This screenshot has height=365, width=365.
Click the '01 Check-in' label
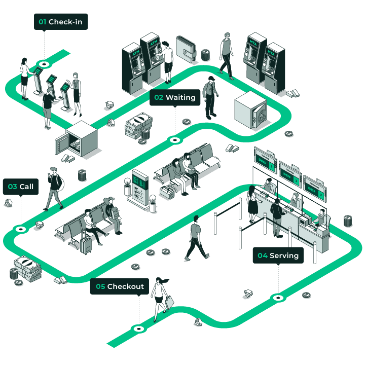point(61,22)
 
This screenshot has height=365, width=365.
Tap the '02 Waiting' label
point(175,98)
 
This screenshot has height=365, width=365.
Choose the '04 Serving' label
point(278,255)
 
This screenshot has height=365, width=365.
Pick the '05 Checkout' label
point(120,286)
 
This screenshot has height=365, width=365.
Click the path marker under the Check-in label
point(44,64)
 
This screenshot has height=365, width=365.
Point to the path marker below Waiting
point(175,139)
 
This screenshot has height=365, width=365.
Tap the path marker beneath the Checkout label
point(138,328)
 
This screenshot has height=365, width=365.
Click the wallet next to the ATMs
point(186,49)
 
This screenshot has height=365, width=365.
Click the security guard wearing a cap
point(210,96)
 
